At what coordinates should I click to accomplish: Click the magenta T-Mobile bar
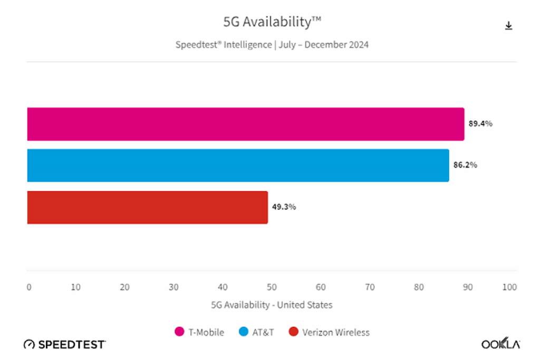[x=245, y=124]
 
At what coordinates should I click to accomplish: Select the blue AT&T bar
[x=237, y=166]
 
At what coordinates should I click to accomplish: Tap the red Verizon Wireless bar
[x=147, y=207]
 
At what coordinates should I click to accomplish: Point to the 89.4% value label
[x=480, y=124]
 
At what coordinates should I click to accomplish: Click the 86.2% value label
[x=465, y=165]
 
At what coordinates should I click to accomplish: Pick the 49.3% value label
[x=284, y=207]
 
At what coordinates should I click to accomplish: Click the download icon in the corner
[x=508, y=26]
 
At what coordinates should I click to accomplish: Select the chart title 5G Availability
[x=272, y=22]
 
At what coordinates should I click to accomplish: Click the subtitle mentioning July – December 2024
[x=272, y=45]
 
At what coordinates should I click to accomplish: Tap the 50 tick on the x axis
[x=272, y=287]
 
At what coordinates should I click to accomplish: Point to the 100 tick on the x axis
[x=509, y=287]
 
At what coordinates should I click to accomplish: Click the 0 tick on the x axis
[x=29, y=287]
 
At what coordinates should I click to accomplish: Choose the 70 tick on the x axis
[x=370, y=287]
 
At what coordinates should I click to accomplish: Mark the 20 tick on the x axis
[x=124, y=287]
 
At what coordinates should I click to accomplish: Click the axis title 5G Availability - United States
[x=272, y=305]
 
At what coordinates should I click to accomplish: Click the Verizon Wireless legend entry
[x=330, y=332]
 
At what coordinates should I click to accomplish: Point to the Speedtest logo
[x=65, y=344]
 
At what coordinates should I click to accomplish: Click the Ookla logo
[x=500, y=344]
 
